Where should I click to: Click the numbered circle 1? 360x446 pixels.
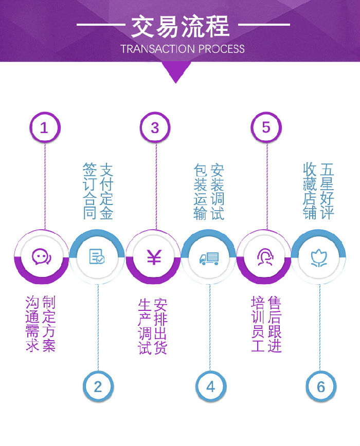tap(44, 127)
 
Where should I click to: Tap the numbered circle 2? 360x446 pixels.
tap(98, 386)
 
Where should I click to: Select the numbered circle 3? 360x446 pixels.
tap(155, 127)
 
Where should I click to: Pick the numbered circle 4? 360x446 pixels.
tap(210, 386)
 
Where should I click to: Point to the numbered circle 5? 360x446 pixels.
tap(266, 127)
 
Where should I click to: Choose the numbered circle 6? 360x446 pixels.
tap(321, 386)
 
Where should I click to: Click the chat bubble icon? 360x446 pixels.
tap(41, 256)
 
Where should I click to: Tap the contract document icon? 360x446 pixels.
tap(97, 256)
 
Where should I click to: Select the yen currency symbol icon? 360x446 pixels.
tap(154, 257)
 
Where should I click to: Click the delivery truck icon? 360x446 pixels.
tap(209, 257)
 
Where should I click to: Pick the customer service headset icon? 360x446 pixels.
tap(264, 256)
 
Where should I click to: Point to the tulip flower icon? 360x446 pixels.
tap(319, 257)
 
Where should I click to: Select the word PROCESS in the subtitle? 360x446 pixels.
tap(221, 49)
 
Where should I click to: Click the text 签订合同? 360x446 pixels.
tap(90, 191)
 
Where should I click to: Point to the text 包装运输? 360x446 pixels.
tap(201, 191)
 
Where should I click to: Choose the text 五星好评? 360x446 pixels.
tap(327, 191)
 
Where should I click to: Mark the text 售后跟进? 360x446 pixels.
tap(275, 324)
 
